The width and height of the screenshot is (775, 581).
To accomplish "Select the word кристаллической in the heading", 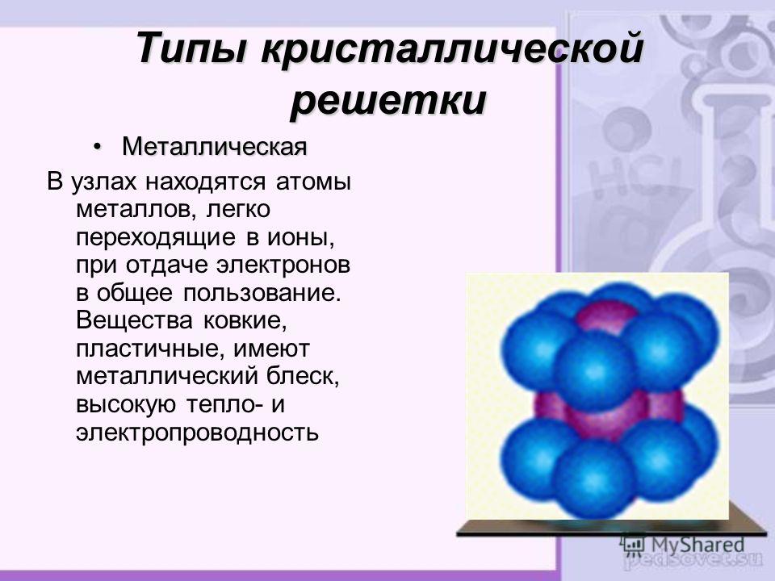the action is [x=452, y=48].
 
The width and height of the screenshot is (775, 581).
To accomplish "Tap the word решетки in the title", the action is [x=388, y=102].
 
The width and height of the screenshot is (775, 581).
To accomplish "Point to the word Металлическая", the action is [x=215, y=147].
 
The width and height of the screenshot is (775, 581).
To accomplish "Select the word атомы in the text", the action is [x=313, y=182].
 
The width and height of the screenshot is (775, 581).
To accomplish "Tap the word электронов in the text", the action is [x=283, y=265].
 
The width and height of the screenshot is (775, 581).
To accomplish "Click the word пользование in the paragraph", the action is [x=262, y=294].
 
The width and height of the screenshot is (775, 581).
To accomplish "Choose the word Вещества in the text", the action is [x=134, y=321].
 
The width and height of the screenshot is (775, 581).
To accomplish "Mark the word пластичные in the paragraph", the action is [x=151, y=349].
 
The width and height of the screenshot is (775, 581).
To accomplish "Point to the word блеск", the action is [x=303, y=377].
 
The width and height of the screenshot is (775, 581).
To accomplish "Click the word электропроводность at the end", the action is [x=198, y=433].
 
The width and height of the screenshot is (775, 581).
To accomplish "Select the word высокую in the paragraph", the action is [x=126, y=405].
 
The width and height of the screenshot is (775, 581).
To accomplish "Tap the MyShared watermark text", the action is [x=697, y=545].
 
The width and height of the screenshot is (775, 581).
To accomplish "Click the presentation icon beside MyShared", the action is [x=633, y=544].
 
